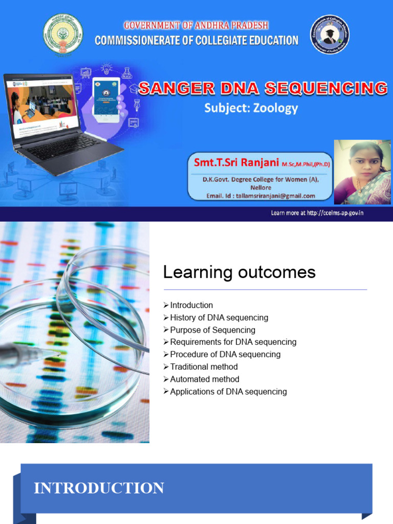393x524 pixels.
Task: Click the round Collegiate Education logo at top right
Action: click(x=330, y=34)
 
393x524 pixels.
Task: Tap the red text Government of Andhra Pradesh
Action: click(x=196, y=25)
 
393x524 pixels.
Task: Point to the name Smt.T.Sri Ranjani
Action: click(x=236, y=163)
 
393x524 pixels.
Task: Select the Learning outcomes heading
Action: click(x=239, y=272)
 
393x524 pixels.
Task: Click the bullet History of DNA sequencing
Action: click(x=219, y=318)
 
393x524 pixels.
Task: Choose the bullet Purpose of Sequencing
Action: click(x=212, y=330)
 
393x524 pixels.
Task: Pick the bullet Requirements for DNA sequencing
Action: click(x=233, y=342)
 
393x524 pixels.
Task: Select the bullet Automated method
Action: click(x=205, y=379)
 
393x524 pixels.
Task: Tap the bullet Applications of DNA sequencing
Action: click(x=228, y=391)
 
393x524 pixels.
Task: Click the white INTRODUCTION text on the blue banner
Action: click(x=99, y=488)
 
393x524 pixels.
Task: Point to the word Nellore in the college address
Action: click(x=261, y=188)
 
